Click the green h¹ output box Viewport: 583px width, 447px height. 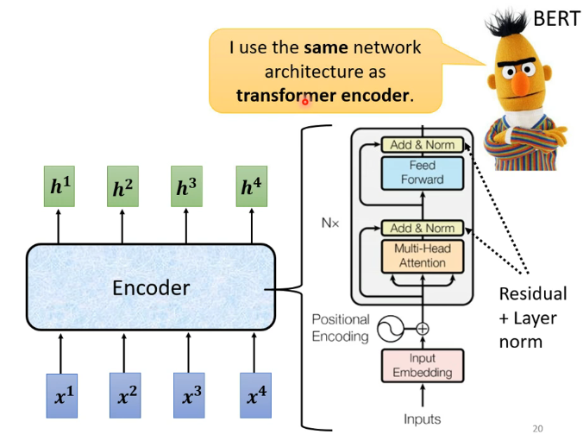coord(60,186)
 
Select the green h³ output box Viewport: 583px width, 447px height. coord(186,186)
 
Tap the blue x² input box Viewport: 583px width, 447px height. coord(125,396)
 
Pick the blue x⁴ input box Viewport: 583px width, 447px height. coord(255,396)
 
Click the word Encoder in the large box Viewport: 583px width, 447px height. coord(151,288)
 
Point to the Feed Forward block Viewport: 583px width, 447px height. coord(423,173)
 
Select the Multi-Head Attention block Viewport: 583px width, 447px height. coord(423,256)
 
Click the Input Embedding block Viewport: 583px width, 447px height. coord(423,366)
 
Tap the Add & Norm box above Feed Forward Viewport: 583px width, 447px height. coord(423,145)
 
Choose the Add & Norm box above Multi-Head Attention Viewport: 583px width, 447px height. coord(423,228)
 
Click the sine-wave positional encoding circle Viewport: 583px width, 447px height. coord(391,329)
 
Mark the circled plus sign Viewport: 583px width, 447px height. coord(423,329)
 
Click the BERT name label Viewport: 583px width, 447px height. coord(556,18)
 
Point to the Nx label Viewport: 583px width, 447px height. coord(330,223)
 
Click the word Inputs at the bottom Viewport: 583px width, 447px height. coord(423,419)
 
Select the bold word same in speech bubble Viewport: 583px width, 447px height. coord(326,47)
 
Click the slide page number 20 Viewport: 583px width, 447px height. coord(537,429)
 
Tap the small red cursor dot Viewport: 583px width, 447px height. coord(305,102)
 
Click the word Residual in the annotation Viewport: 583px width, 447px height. coord(533,293)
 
